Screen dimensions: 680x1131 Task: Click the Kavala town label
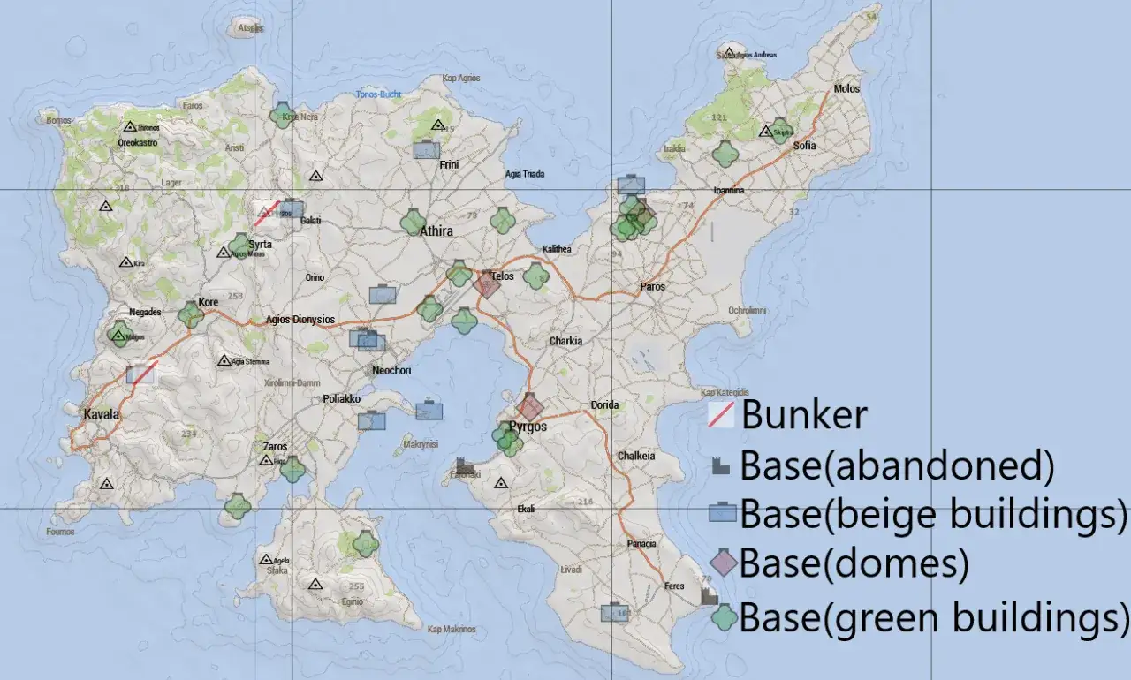click(x=101, y=414)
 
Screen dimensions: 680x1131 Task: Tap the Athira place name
click(x=436, y=231)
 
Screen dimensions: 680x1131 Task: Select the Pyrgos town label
click(x=528, y=427)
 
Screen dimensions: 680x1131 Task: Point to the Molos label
click(x=846, y=89)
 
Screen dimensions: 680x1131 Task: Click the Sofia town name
click(x=805, y=146)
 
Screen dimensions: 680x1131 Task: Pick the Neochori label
click(x=391, y=371)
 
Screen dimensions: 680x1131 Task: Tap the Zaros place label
click(x=275, y=447)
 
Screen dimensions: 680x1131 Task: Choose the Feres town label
click(x=675, y=586)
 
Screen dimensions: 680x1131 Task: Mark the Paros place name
click(x=653, y=287)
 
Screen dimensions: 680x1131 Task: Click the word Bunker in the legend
click(x=804, y=414)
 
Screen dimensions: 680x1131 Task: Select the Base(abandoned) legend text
click(x=896, y=465)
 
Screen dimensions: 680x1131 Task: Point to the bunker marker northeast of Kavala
click(x=141, y=374)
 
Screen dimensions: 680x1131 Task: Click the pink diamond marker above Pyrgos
click(x=530, y=408)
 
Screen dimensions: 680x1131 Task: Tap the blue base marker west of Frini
click(x=427, y=150)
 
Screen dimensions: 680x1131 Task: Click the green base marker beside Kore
click(x=190, y=314)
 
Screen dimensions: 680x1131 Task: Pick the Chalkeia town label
click(x=636, y=457)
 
